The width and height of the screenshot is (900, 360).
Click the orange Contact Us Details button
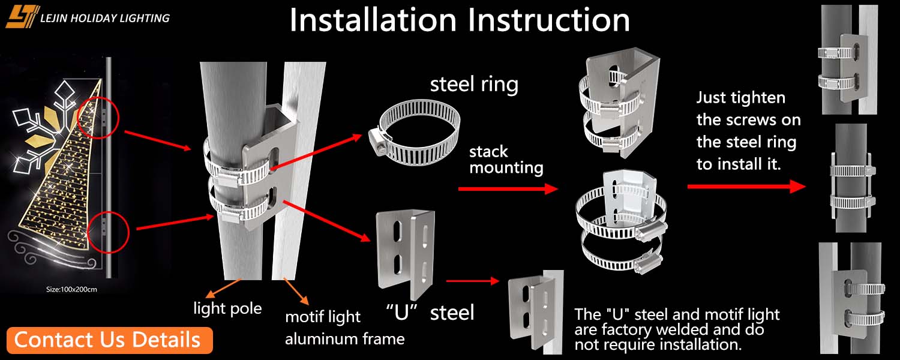(110, 340)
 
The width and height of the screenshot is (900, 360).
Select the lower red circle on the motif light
(109, 231)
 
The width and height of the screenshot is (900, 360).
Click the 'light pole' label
(227, 308)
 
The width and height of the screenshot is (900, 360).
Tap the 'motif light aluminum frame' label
(344, 328)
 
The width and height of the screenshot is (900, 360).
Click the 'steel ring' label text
(474, 84)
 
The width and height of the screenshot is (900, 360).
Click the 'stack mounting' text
(506, 159)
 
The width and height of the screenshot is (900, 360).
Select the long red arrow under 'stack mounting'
(508, 188)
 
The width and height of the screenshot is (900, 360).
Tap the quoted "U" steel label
(429, 312)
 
